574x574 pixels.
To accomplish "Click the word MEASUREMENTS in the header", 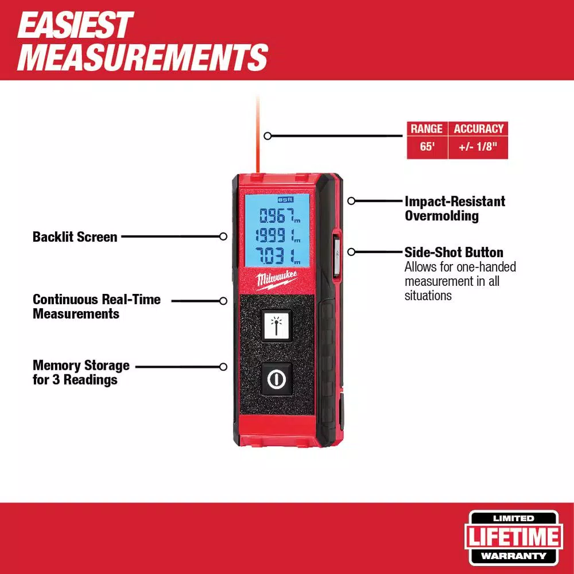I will click(142, 57).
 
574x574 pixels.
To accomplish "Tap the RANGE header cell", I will click(426, 129).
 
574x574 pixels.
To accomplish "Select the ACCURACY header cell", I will click(478, 129).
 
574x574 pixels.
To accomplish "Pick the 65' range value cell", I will click(426, 147).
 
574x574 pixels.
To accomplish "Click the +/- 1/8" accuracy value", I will click(478, 147).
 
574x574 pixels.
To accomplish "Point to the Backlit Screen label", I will click(75, 236).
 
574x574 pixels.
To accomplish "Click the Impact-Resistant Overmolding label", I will click(455, 208).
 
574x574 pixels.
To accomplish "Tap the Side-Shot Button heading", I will click(453, 253).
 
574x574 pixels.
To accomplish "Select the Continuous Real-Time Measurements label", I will click(96, 307).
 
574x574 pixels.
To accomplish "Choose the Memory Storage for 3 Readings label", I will click(81, 373).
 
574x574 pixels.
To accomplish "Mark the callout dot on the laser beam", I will click(267, 136).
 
